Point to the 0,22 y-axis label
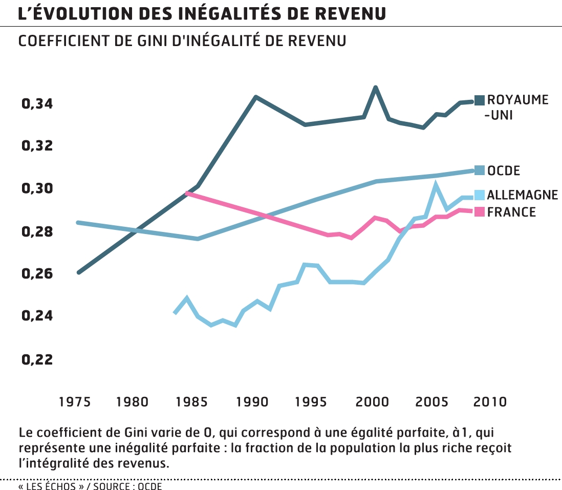tap(37, 359)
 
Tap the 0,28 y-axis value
tap(37, 232)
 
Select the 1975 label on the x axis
tap(75, 401)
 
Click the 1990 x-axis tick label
tap(252, 401)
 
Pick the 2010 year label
tap(490, 401)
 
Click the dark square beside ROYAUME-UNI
tap(480, 100)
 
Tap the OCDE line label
tap(504, 171)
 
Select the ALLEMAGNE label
tap(522, 195)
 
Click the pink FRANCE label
tap(511, 212)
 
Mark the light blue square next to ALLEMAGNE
tap(480, 195)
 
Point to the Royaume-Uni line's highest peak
tap(376, 88)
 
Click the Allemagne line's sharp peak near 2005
tap(436, 183)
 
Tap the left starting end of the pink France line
tap(187, 194)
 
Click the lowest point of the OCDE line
tap(198, 239)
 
